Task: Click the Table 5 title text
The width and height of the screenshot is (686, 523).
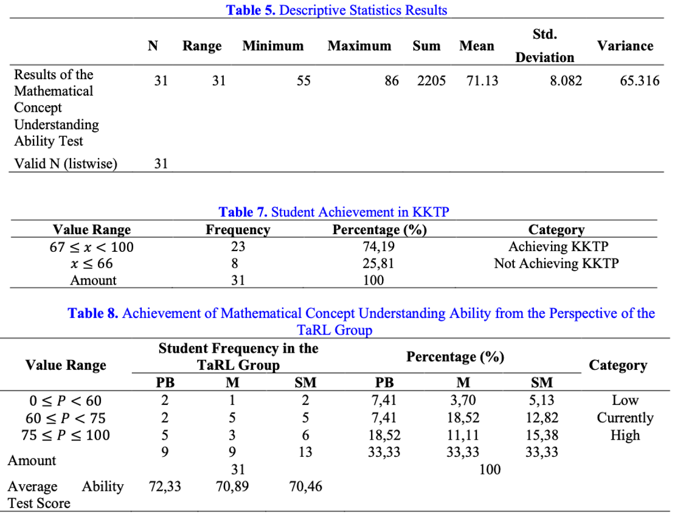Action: click(x=336, y=10)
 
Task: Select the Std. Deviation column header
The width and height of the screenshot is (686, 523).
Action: click(x=544, y=46)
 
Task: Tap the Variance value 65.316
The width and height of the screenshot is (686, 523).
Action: click(x=640, y=81)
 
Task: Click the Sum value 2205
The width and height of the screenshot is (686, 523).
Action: click(x=431, y=81)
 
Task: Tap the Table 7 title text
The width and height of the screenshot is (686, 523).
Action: click(x=333, y=212)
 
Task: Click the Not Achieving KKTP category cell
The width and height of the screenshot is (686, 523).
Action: click(x=556, y=263)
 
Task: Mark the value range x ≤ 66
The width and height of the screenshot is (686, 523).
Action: click(x=92, y=263)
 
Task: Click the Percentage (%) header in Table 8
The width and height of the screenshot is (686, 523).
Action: click(x=455, y=356)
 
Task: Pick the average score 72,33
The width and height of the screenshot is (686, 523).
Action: click(x=165, y=487)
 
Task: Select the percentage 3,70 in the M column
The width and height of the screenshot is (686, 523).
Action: click(x=463, y=401)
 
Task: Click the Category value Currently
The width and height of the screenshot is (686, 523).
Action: click(x=625, y=418)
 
